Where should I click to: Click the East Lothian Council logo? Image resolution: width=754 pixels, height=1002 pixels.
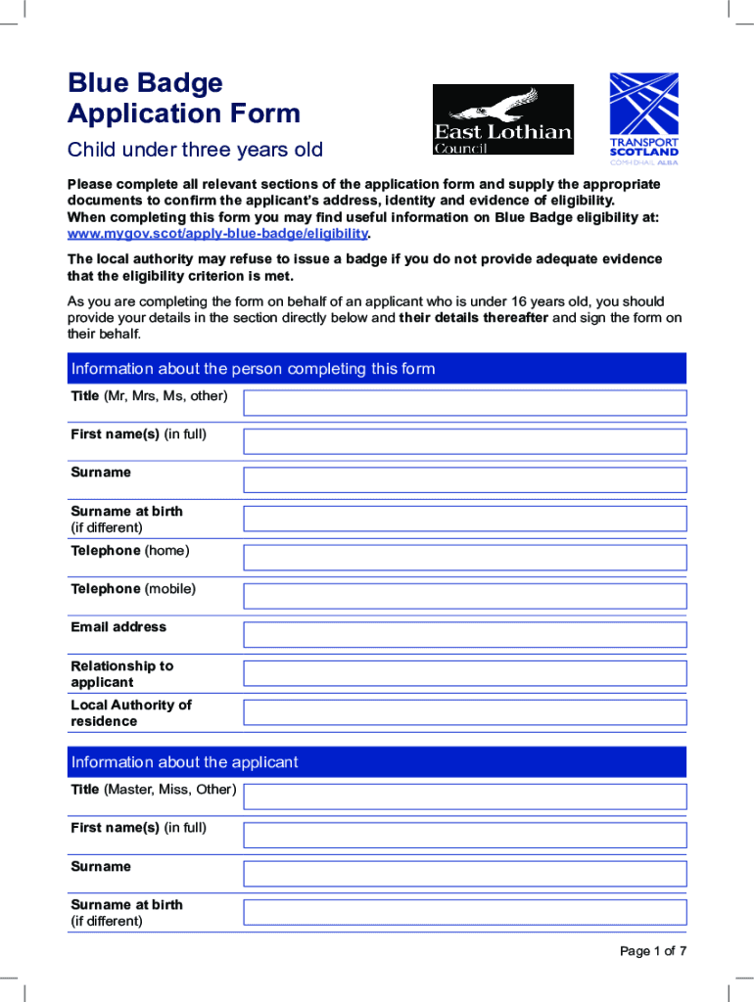(503, 119)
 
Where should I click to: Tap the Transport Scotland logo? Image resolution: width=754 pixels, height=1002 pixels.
(643, 119)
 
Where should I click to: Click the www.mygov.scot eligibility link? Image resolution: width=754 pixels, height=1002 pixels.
(217, 234)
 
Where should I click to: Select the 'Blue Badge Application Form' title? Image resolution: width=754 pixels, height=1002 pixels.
(184, 98)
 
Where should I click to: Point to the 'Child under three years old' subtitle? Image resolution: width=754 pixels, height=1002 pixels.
(195, 151)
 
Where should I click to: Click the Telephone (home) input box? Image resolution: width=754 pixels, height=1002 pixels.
(465, 558)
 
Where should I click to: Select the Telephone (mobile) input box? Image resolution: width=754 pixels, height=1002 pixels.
(465, 596)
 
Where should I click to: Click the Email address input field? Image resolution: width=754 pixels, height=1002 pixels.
(465, 635)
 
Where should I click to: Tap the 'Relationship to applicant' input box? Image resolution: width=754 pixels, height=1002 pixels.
(465, 673)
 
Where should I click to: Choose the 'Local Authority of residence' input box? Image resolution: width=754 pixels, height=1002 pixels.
(465, 712)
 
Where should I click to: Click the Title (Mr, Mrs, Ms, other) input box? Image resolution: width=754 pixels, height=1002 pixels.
(465, 403)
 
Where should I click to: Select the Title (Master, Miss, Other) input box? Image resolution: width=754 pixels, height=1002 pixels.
(465, 797)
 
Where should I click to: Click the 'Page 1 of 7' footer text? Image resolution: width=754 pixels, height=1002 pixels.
(653, 951)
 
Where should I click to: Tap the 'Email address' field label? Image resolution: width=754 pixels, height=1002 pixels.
(118, 627)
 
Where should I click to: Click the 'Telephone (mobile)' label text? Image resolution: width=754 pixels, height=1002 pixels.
(133, 589)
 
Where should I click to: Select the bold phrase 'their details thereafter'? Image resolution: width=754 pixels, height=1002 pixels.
(474, 318)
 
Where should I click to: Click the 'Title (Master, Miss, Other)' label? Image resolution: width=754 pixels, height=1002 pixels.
(153, 789)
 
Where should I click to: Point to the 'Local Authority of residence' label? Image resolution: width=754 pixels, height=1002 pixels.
(131, 712)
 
